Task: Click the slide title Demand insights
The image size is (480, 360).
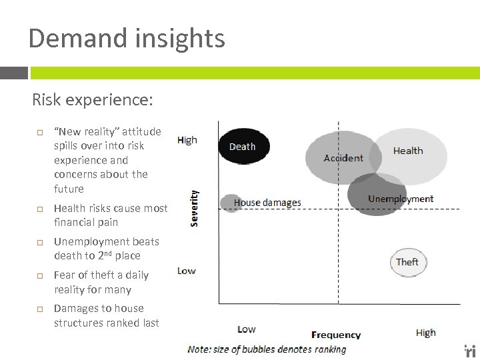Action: click(127, 38)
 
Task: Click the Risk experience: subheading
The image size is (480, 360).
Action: click(93, 100)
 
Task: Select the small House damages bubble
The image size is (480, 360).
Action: click(230, 203)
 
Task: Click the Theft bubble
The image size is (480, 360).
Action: click(407, 262)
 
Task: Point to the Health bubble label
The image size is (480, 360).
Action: click(407, 151)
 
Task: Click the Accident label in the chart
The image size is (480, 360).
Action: click(343, 158)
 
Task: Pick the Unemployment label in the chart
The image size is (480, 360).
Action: click(400, 199)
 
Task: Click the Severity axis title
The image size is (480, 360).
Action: click(195, 207)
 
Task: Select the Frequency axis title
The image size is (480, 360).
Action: click(336, 335)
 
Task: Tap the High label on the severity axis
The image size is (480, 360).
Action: click(187, 140)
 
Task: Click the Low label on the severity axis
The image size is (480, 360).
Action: click(187, 271)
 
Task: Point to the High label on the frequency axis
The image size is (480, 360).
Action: click(425, 332)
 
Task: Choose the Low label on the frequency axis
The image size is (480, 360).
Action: click(246, 329)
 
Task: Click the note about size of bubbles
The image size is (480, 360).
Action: click(267, 349)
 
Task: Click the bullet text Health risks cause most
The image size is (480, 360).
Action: click(111, 208)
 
